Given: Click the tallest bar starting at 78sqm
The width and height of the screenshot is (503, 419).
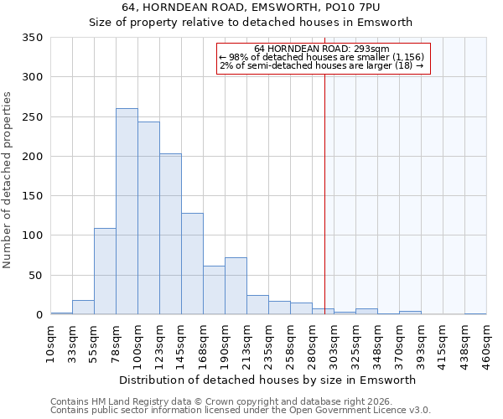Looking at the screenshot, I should [x=127, y=211].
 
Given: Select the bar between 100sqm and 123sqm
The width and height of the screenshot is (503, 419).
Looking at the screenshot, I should [x=148, y=218].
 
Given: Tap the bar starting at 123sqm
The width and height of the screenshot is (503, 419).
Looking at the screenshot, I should [x=170, y=234].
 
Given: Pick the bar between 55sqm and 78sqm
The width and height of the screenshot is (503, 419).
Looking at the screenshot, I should [x=105, y=271].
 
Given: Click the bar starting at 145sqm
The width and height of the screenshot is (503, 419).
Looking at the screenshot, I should [x=192, y=264].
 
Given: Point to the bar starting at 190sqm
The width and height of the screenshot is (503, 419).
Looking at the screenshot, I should [x=236, y=286].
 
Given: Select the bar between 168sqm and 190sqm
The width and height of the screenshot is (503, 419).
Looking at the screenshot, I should [x=214, y=290].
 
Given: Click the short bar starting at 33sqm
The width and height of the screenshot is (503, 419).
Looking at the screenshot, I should [x=83, y=308].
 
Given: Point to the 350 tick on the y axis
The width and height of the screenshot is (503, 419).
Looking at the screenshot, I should [x=33, y=38].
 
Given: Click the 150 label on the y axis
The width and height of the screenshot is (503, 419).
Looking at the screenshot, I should [x=33, y=196].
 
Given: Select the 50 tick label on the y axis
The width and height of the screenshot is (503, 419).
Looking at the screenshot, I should [x=36, y=275].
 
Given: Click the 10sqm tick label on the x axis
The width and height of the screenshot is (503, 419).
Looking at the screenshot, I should [x=51, y=344].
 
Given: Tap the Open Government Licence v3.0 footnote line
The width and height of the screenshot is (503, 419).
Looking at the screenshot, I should [x=241, y=411].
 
